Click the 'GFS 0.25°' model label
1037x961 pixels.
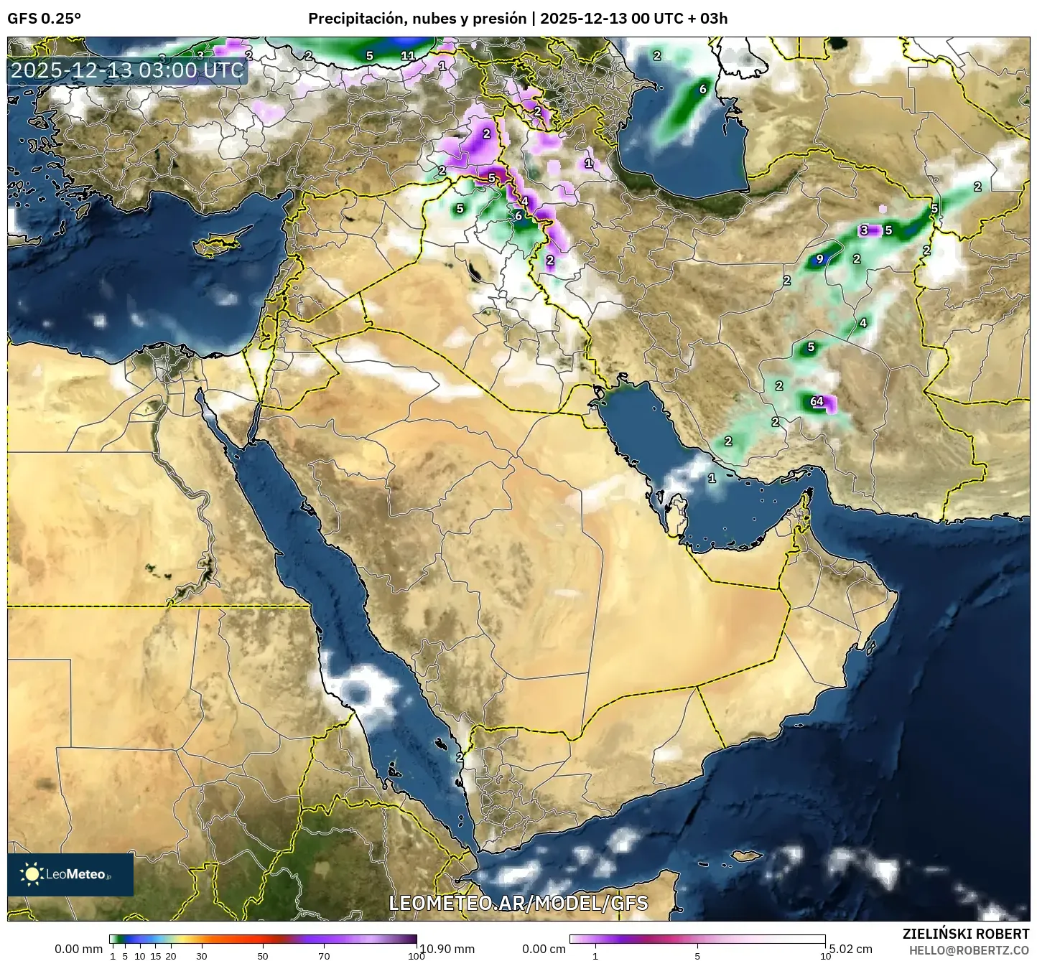tap(44, 19)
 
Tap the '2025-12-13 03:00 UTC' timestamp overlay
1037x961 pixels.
tap(127, 70)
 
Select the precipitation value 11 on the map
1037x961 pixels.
tap(408, 55)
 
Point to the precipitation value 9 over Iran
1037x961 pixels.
tap(819, 259)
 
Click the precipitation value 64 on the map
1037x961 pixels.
tap(817, 401)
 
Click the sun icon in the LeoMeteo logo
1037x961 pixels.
tap(32, 873)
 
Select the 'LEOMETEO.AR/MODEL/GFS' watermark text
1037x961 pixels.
tap(518, 903)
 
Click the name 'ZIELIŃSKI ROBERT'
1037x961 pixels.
tap(965, 934)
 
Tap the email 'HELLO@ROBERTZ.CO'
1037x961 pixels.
tap(969, 950)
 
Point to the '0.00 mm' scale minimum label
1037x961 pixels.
tap(78, 949)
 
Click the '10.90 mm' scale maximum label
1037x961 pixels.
tap(447, 949)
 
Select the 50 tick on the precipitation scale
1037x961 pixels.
tap(263, 955)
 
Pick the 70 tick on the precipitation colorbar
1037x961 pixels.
tap(324, 955)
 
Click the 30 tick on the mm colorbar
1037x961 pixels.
tap(202, 955)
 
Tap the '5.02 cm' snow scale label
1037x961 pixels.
tap(850, 949)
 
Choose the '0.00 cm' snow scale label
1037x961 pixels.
tap(544, 949)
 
